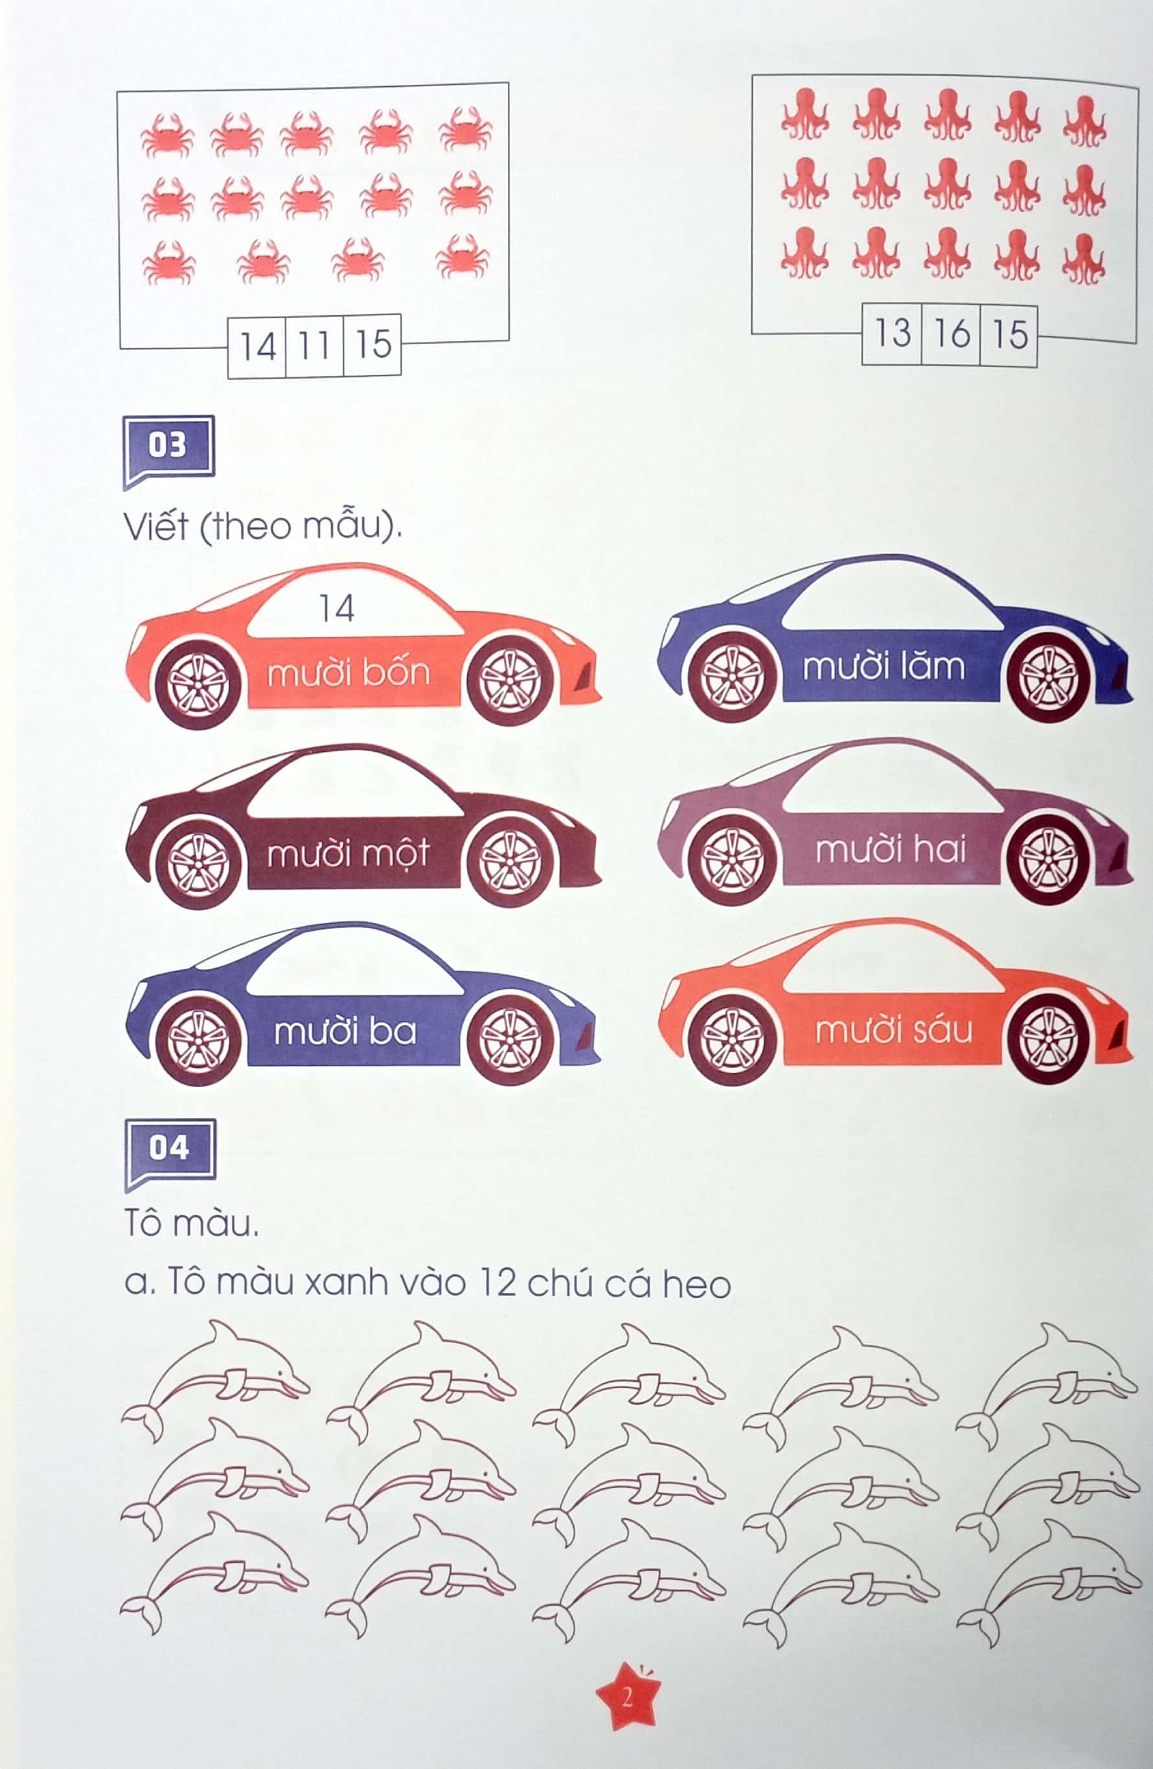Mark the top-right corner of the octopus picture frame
pyautogui.click(x=1137, y=87)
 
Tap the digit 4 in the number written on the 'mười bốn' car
pyautogui.click(x=345, y=609)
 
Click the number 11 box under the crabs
pyautogui.click(x=314, y=346)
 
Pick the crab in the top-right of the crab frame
pyautogui.click(x=465, y=130)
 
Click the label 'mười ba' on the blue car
pyautogui.click(x=345, y=1031)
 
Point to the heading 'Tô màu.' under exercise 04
pyautogui.click(x=192, y=1223)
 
